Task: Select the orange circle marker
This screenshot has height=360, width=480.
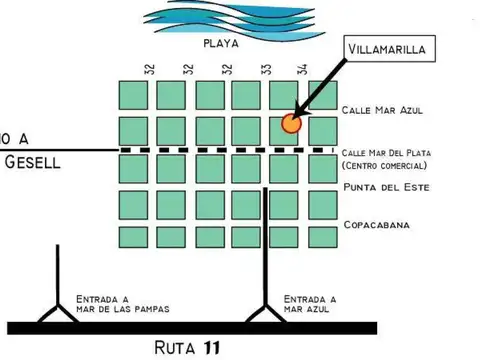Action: (x=291, y=124)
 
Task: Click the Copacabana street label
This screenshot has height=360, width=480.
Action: (x=377, y=225)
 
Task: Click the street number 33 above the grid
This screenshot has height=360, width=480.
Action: (x=266, y=69)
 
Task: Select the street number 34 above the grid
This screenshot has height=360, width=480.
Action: (x=302, y=69)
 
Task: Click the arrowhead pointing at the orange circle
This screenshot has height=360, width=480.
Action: (x=297, y=118)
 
